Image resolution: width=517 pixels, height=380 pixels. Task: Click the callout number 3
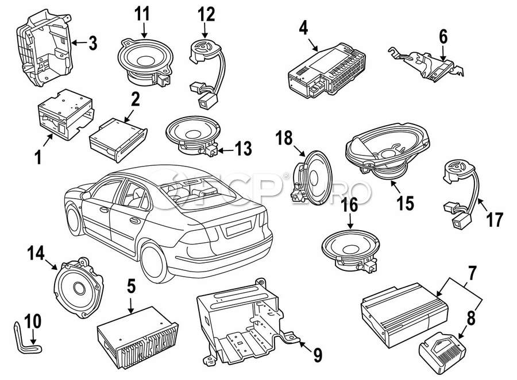(93, 43)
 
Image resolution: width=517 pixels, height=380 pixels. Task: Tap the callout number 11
(142, 14)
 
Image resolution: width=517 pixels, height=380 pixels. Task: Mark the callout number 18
(284, 138)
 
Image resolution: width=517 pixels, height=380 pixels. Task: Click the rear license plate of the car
(238, 228)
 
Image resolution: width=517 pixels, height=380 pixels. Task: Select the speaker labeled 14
(79, 288)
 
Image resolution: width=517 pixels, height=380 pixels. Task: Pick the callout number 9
(317, 356)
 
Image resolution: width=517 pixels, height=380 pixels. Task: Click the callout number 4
(303, 28)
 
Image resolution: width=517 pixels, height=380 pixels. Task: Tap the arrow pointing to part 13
(226, 151)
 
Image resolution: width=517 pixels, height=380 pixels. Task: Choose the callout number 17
(495, 220)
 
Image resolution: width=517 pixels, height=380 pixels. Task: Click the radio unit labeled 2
(118, 140)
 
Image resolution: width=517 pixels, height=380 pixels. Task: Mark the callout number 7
(472, 273)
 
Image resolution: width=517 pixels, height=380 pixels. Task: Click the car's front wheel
(75, 219)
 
